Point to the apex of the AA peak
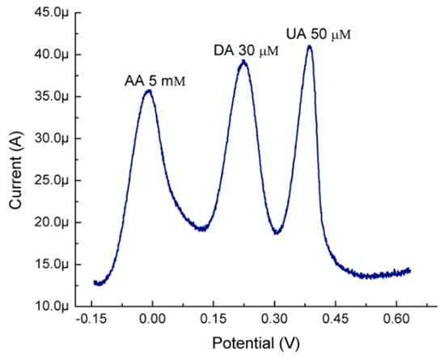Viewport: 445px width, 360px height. pyautogui.click(x=148, y=91)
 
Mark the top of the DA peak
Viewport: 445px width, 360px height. pyautogui.click(x=243, y=61)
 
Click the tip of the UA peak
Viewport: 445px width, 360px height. pyautogui.click(x=309, y=46)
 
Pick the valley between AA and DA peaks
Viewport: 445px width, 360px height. pyautogui.click(x=202, y=229)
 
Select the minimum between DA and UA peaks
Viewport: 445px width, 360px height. pyautogui.click(x=277, y=233)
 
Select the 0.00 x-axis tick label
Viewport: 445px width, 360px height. pyautogui.click(x=152, y=320)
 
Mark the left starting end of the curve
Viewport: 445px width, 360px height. pyautogui.click(x=94, y=282)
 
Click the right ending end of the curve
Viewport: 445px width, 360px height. pyautogui.click(x=410, y=270)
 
